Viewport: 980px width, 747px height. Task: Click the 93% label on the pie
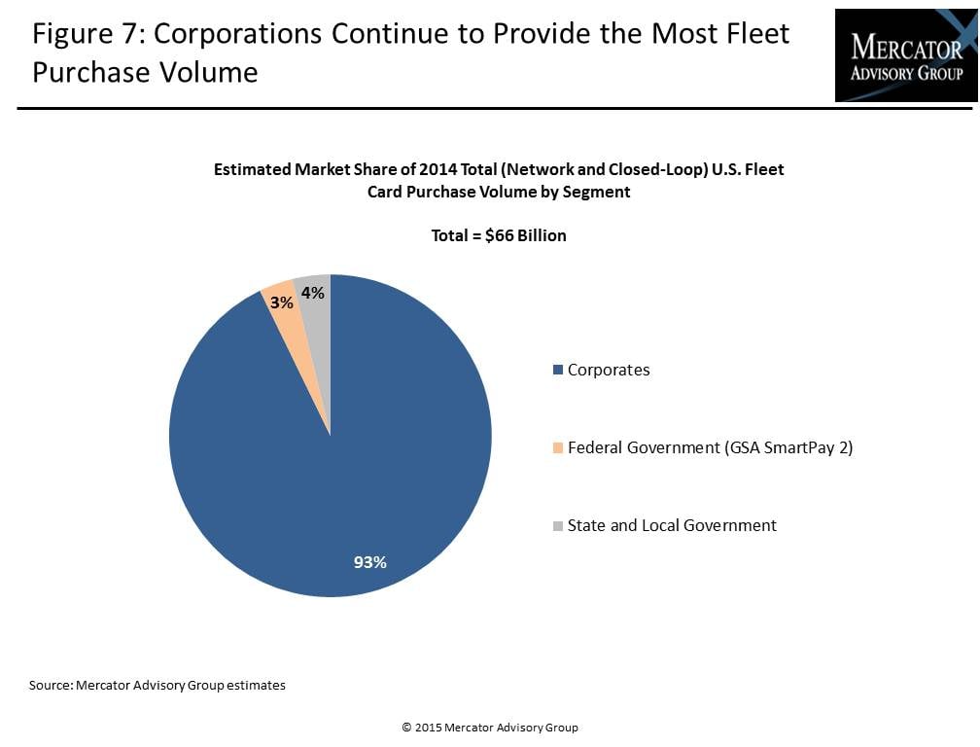click(369, 561)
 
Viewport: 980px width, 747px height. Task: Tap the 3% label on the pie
click(282, 302)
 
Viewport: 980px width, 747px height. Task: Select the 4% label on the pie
click(313, 292)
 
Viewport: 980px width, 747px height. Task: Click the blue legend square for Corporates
click(558, 371)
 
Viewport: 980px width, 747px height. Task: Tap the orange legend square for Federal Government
click(558, 448)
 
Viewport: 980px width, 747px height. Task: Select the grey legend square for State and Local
click(558, 526)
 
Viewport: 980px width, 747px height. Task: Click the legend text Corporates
click(609, 370)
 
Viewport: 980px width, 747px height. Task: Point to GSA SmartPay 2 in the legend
click(796, 447)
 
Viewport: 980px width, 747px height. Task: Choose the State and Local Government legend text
click(672, 525)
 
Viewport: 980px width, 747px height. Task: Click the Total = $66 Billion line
click(499, 235)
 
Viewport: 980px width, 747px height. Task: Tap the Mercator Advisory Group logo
click(905, 55)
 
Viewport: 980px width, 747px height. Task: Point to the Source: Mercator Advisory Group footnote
click(157, 685)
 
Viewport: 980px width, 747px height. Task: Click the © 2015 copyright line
click(490, 727)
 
